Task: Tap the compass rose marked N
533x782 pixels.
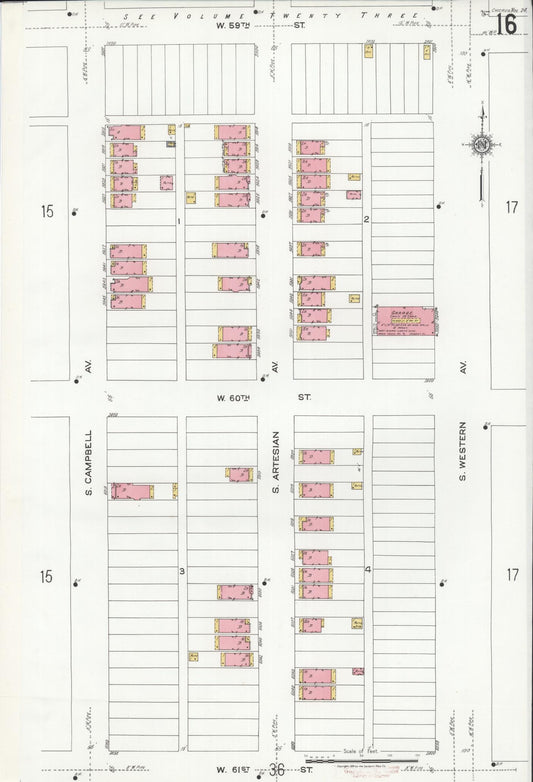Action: tap(481, 145)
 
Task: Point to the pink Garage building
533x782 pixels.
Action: tap(405, 320)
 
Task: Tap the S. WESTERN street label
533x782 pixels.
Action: tap(464, 462)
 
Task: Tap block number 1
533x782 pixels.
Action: tap(179, 220)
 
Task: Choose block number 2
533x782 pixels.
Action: tap(367, 219)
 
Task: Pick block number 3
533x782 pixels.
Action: tap(181, 571)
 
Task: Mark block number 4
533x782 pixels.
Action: tap(368, 570)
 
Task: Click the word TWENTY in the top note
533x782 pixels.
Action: tap(336, 17)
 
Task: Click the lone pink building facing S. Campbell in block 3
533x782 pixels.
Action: tap(132, 491)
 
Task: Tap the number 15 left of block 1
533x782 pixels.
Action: tap(44, 211)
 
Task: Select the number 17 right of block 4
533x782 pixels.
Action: tap(512, 575)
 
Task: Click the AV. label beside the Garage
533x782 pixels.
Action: tap(464, 368)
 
